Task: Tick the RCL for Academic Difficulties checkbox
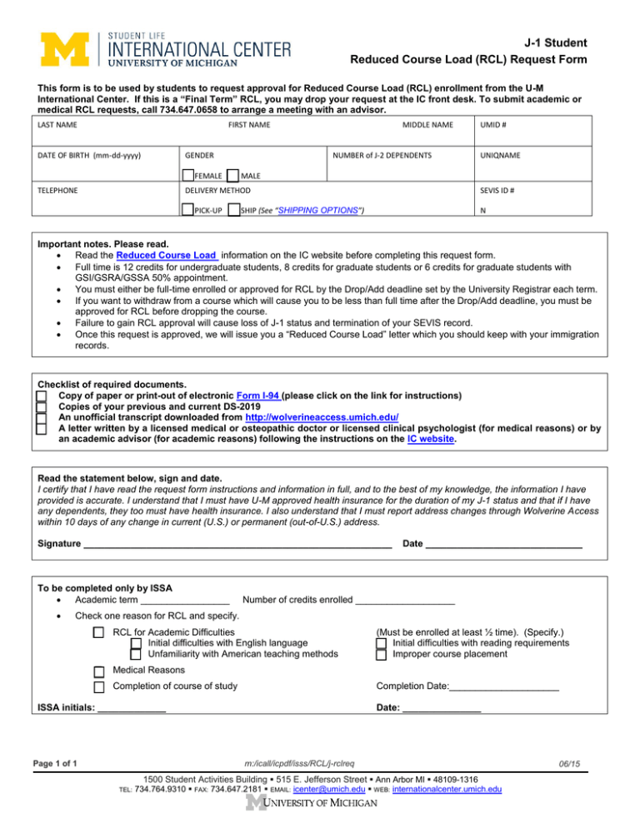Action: click(99, 632)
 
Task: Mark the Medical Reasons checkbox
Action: click(99, 671)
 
